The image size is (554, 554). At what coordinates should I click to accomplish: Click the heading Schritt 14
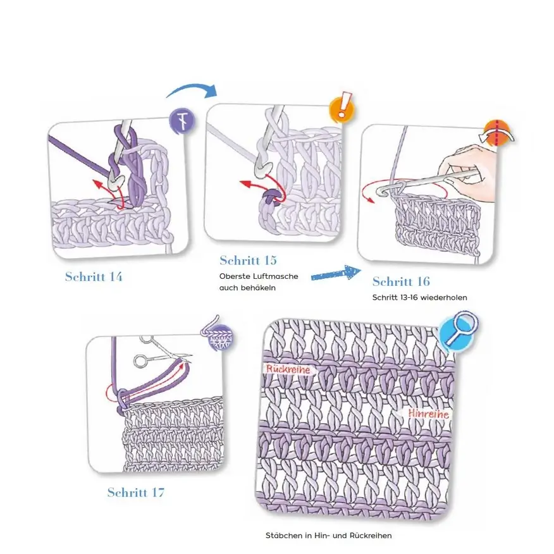tap(94, 276)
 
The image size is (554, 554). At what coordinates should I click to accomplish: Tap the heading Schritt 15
tap(248, 261)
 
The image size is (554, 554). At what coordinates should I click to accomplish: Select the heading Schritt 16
tap(401, 281)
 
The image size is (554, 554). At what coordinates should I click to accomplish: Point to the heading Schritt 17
tap(136, 493)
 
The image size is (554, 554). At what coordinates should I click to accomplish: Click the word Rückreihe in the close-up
tap(288, 369)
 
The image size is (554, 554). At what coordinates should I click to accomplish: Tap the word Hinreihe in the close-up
tap(428, 414)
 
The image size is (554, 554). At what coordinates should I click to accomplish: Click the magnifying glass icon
tap(459, 329)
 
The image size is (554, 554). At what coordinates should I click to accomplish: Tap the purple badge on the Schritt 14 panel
tap(182, 121)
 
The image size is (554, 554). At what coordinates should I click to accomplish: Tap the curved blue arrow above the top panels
tap(192, 90)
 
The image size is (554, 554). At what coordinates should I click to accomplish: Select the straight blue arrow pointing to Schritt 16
tap(336, 273)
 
